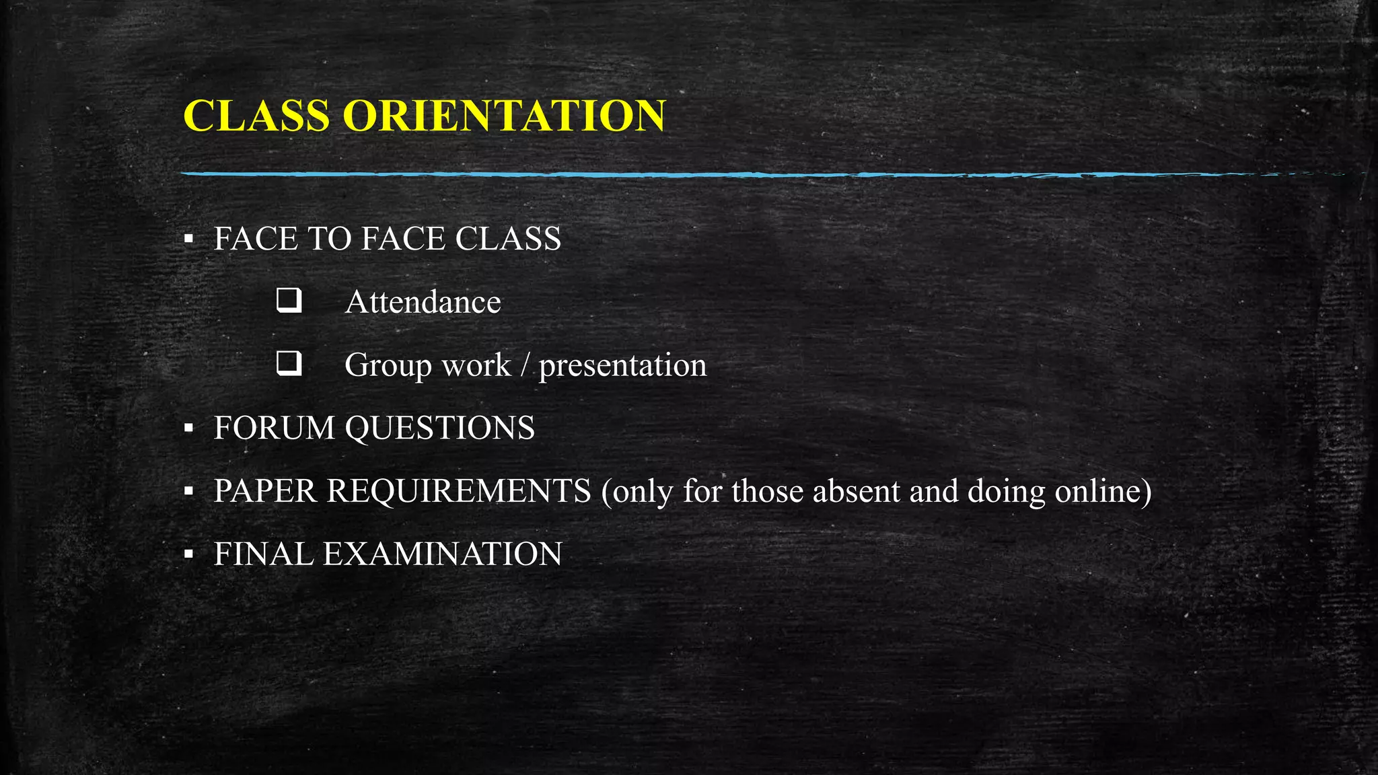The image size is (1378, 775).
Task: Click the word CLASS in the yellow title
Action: point(256,116)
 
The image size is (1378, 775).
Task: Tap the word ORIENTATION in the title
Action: point(504,116)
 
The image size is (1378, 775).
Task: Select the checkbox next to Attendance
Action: point(289,300)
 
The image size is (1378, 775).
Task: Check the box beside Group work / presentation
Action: point(289,363)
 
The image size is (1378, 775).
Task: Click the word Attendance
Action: point(423,302)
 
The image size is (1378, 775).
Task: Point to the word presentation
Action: point(622,366)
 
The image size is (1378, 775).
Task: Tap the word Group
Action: point(388,366)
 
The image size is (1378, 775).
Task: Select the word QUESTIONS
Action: point(440,429)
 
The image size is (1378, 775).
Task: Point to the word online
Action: point(1098,491)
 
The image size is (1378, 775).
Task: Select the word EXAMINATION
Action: point(442,554)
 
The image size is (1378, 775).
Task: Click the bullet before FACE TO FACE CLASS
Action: point(189,239)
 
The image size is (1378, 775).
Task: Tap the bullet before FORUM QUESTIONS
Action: point(189,429)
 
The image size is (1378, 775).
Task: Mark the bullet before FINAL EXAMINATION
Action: point(189,555)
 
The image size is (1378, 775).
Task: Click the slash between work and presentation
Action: point(525,366)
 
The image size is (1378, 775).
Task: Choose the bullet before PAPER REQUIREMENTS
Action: point(189,492)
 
